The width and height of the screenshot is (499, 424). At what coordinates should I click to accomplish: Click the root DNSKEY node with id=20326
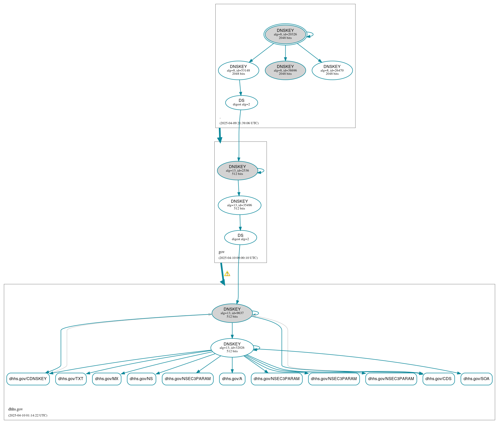(285, 34)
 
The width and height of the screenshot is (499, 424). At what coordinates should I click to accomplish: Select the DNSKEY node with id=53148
(238, 70)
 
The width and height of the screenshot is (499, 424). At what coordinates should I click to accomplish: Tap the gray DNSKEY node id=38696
(285, 70)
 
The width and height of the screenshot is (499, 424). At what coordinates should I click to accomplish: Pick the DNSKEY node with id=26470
(332, 70)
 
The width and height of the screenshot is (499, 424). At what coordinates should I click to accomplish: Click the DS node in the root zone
(241, 103)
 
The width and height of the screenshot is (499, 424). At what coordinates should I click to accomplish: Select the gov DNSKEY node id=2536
(237, 171)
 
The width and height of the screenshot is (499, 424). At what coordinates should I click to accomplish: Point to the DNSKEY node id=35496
(239, 205)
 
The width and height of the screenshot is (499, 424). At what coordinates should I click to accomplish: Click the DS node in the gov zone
(240, 237)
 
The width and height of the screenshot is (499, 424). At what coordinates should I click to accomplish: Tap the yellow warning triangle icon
(227, 274)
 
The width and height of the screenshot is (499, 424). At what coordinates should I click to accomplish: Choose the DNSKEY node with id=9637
(232, 313)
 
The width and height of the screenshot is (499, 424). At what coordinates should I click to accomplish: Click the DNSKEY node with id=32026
(232, 348)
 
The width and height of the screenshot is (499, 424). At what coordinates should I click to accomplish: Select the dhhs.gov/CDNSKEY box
(28, 379)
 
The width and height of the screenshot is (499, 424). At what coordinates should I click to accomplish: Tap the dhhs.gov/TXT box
(71, 379)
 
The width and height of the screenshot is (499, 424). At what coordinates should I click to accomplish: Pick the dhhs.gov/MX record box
(107, 379)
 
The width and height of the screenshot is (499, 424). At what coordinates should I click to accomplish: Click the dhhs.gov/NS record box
(141, 379)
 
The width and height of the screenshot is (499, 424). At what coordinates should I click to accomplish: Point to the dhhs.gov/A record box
(232, 379)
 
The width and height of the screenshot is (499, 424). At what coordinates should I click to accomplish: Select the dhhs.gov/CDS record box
(439, 379)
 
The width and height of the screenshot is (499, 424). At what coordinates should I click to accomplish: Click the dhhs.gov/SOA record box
(476, 379)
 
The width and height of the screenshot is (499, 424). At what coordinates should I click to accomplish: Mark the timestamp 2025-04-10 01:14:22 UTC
(28, 415)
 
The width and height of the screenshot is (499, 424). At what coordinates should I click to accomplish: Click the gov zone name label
(221, 252)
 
